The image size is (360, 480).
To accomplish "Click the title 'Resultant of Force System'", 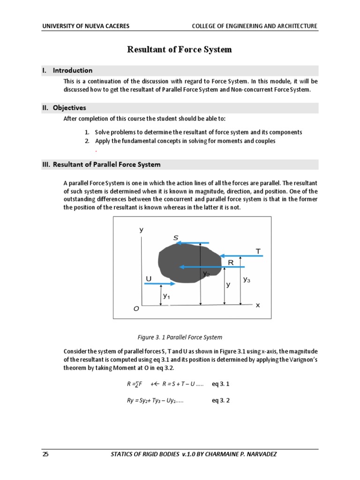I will tap(180, 50).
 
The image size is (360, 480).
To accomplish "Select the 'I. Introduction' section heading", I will tap(67, 71).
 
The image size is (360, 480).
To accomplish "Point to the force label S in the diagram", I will tap(176, 238).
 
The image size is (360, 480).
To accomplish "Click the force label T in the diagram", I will tap(258, 251).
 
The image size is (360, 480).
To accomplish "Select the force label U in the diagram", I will tap(149, 279).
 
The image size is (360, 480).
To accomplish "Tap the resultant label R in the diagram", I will tap(231, 263).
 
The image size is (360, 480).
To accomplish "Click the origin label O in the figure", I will tap(136, 308).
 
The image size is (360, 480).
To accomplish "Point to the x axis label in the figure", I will tap(257, 305).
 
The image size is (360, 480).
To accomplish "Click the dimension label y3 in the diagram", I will tap(247, 279).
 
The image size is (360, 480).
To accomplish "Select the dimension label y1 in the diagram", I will tap(166, 296).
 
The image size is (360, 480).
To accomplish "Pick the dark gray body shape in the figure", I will tap(187, 262).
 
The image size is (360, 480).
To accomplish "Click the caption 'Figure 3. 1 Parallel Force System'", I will tap(180, 337).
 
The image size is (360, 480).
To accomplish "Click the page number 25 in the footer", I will tap(45, 454).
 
